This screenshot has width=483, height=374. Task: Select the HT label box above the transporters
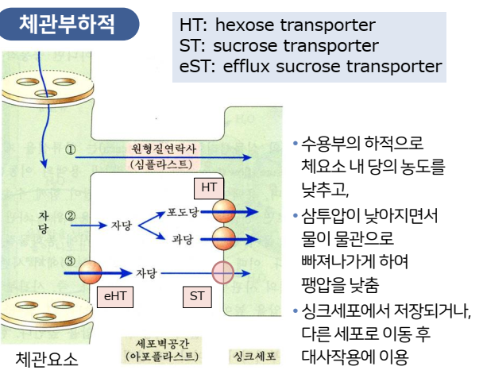pyautogui.click(x=209, y=187)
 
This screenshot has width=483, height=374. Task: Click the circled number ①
pyautogui.click(x=70, y=149)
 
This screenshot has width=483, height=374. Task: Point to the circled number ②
pyautogui.click(x=70, y=215)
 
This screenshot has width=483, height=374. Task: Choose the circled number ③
pyautogui.click(x=70, y=260)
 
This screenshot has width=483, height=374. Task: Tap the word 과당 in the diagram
pyautogui.click(x=182, y=237)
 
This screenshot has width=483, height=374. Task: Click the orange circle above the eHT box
pyautogui.click(x=90, y=272)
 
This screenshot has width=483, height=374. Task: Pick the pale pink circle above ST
pyautogui.click(x=222, y=272)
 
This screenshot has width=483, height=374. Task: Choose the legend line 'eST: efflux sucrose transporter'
pyautogui.click(x=311, y=66)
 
